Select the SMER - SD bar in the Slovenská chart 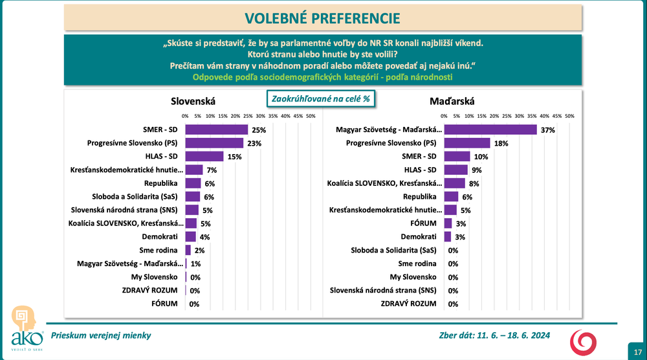pyautogui.click(x=217, y=129)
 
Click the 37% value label pyautogui.click(x=548, y=129)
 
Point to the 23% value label pyautogui.click(x=254, y=143)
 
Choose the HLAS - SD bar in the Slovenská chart pyautogui.click(x=204, y=157)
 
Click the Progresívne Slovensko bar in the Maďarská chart pyautogui.click(x=467, y=143)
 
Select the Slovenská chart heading pyautogui.click(x=193, y=101)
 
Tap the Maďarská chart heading pyautogui.click(x=452, y=101)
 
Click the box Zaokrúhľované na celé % pyautogui.click(x=321, y=100)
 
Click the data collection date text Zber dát pyautogui.click(x=494, y=335)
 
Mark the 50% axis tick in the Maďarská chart pyautogui.click(x=569, y=116)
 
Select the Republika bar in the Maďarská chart pyautogui.click(x=452, y=196)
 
